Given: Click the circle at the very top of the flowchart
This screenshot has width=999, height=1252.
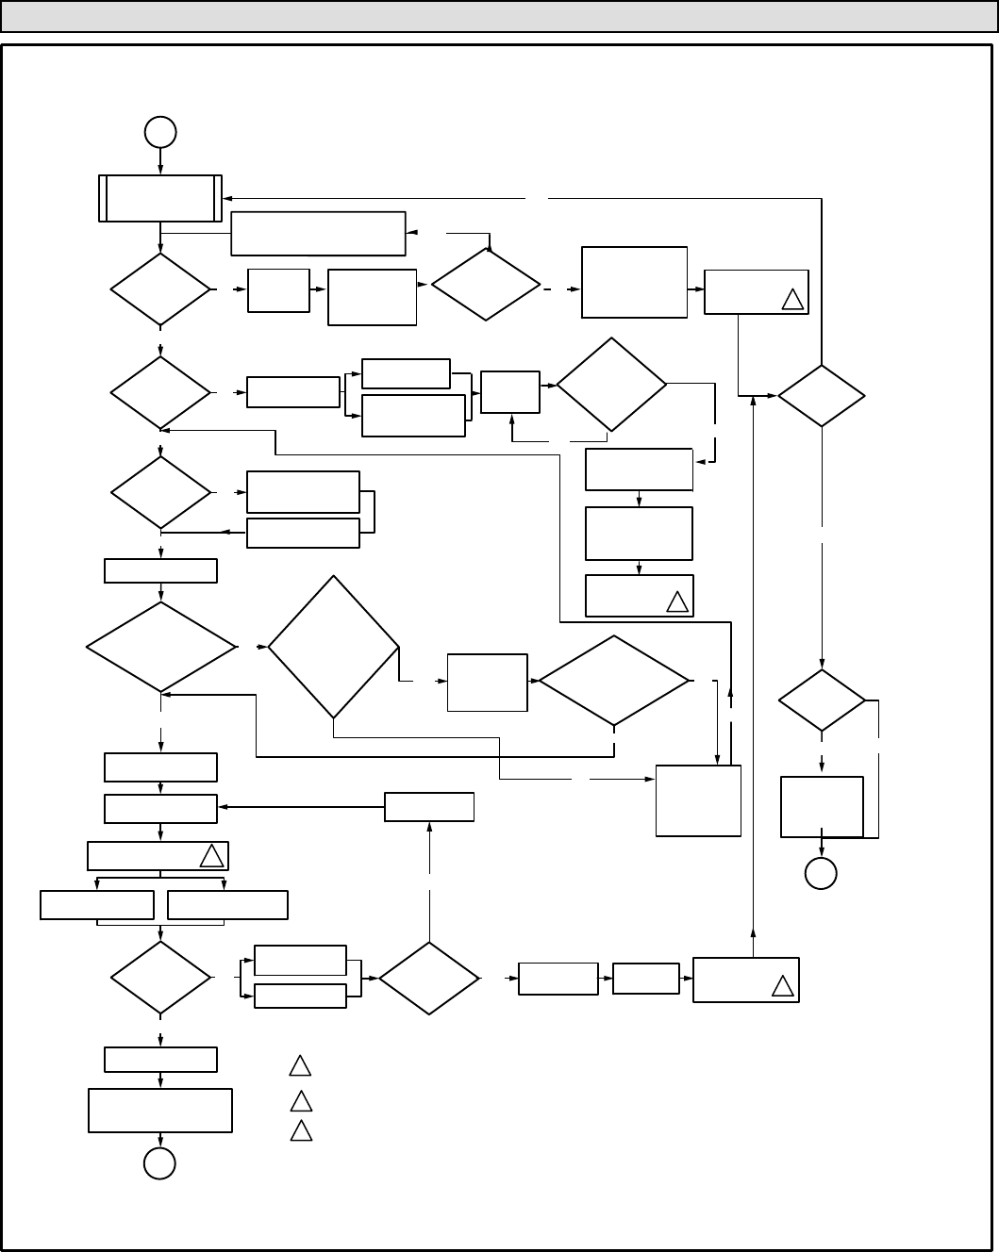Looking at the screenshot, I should tap(160, 132).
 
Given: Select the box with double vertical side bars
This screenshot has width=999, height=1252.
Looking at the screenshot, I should tap(160, 198).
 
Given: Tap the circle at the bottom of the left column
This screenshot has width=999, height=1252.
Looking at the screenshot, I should tap(159, 1164).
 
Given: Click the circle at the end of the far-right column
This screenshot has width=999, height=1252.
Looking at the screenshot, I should tap(821, 874).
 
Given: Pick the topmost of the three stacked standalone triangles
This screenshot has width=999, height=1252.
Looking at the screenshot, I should tap(300, 1066).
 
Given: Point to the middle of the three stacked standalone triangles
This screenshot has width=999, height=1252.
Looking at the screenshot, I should tap(300, 1100).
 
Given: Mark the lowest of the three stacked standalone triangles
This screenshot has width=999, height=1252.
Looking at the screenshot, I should tap(300, 1130).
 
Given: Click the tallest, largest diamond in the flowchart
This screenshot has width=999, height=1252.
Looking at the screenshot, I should tap(333, 648).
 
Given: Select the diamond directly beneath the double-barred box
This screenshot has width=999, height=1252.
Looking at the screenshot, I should tap(160, 289).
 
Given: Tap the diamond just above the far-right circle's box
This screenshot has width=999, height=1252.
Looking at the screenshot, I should tap(822, 700).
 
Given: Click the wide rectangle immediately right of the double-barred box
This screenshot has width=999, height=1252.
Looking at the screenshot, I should tap(318, 233).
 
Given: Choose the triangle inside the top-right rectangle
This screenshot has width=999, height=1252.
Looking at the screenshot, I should tap(792, 300).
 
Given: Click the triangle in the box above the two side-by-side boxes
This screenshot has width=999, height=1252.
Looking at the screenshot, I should tap(211, 856).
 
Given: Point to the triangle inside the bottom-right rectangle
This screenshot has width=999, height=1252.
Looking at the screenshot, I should tap(782, 987).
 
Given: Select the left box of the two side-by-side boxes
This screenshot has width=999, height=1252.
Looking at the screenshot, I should tap(97, 905).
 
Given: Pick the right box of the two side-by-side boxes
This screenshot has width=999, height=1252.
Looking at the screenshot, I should tap(227, 905).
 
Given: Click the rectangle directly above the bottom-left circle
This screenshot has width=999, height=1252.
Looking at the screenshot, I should tap(159, 1111).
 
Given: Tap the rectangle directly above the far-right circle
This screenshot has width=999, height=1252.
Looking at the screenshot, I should tap(822, 806).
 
